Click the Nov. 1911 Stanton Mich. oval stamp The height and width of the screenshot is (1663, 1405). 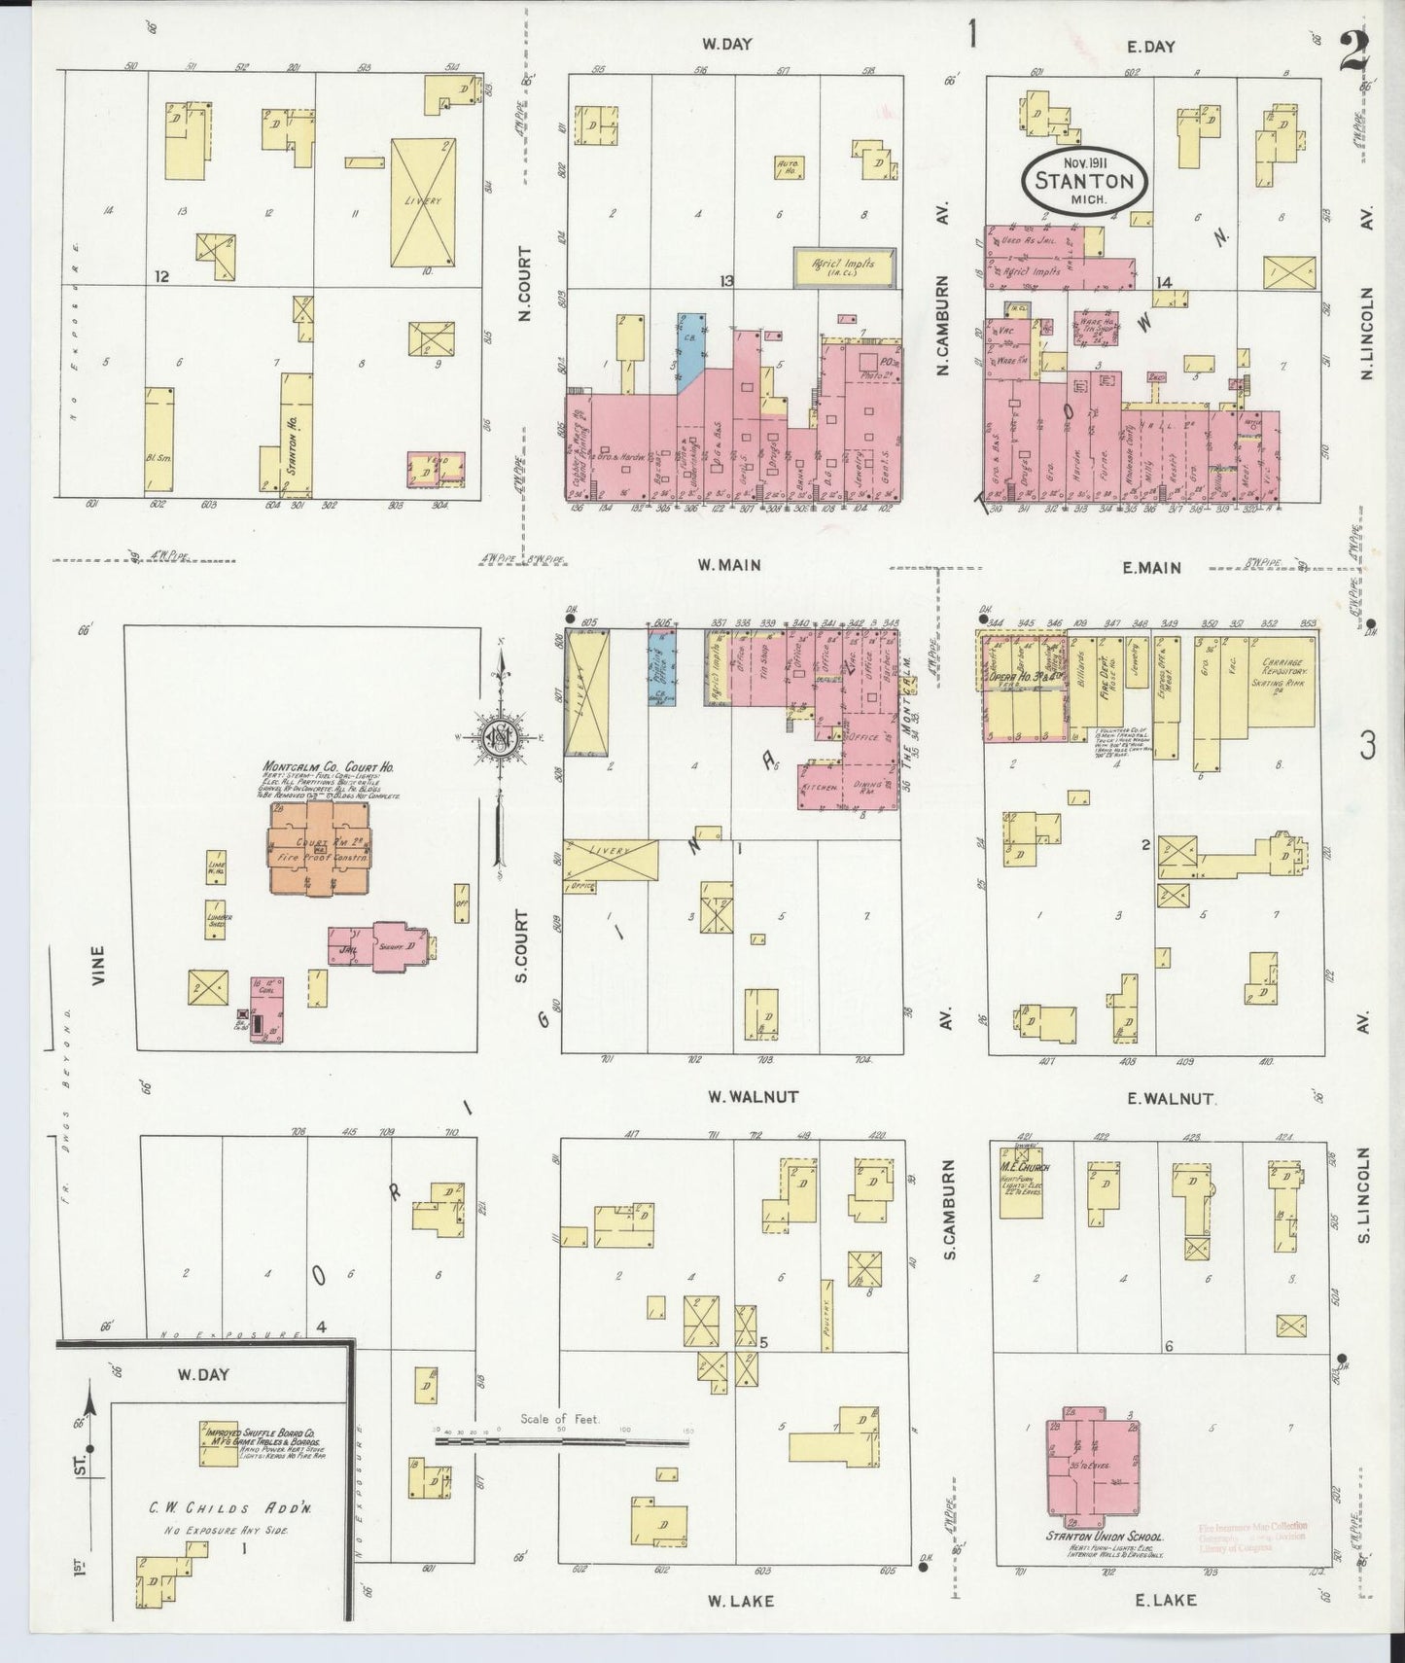click(1083, 178)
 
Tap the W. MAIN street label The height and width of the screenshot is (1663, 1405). click(728, 564)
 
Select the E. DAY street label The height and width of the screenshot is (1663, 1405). click(1151, 46)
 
